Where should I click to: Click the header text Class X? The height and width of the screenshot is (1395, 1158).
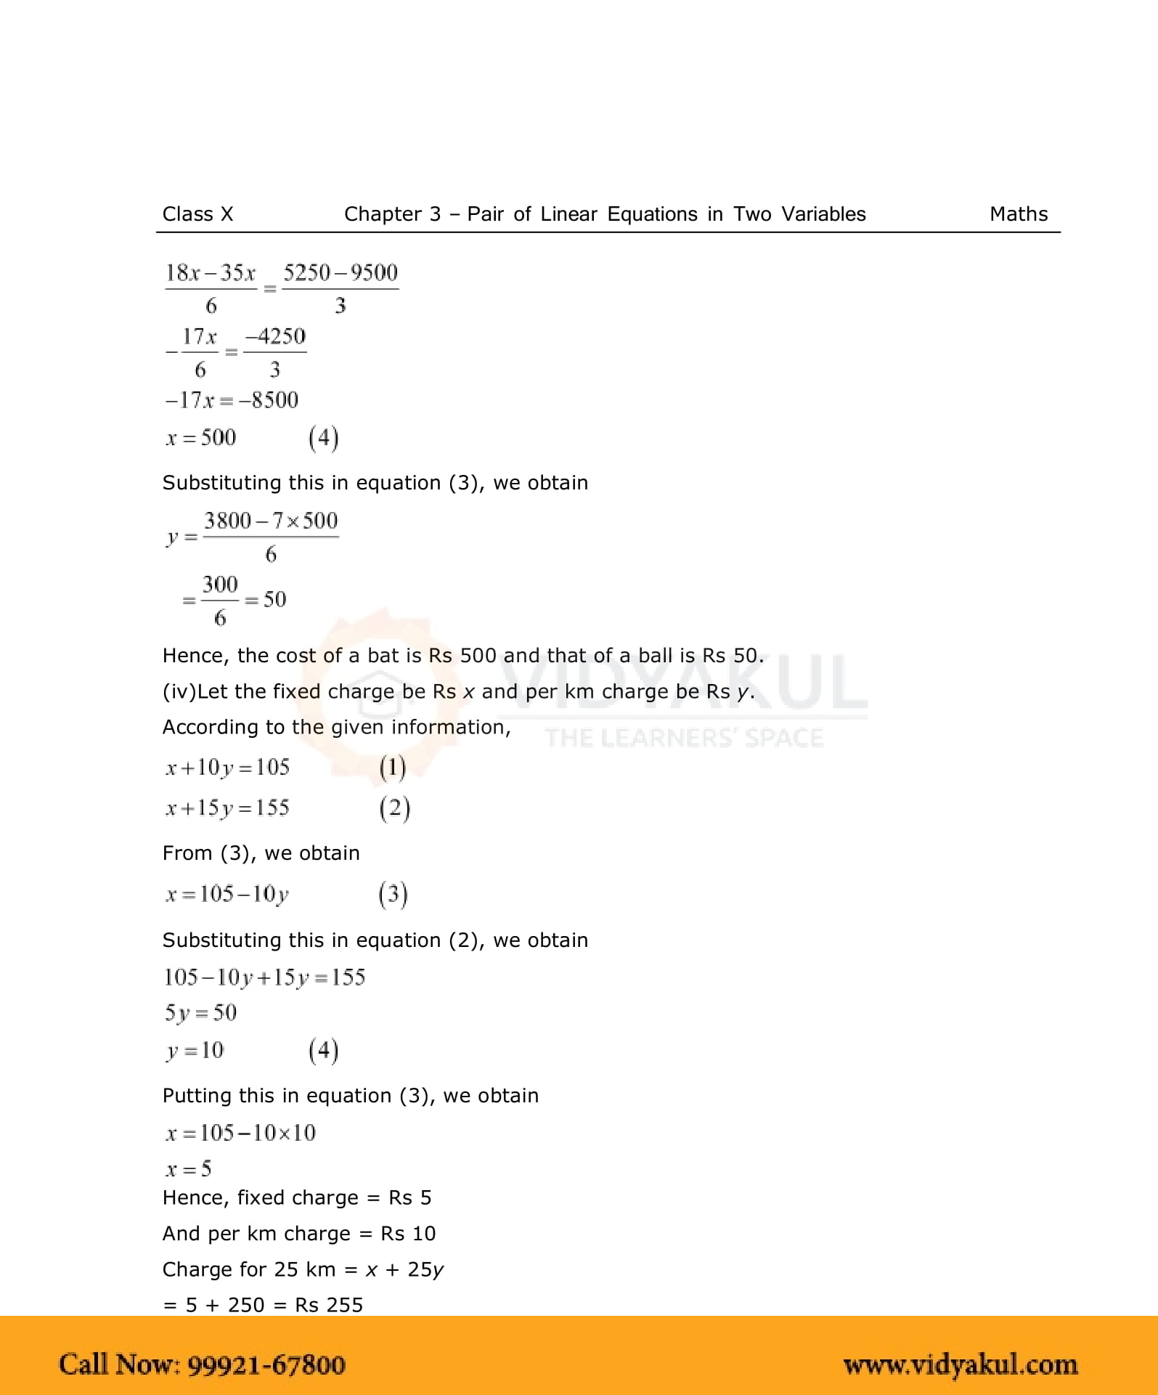(x=197, y=214)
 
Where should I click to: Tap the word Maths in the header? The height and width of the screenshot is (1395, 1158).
(x=1018, y=214)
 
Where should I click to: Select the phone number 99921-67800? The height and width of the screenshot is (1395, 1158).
(x=266, y=1364)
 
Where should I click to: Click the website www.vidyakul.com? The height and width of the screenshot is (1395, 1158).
(x=960, y=1365)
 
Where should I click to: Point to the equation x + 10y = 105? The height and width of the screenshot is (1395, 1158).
(x=227, y=768)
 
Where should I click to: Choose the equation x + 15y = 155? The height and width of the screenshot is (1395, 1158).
(x=227, y=808)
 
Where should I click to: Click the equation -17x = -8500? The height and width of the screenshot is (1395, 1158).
(x=231, y=400)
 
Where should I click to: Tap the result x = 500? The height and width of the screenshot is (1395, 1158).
(x=200, y=438)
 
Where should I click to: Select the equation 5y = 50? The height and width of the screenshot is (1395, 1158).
(x=200, y=1013)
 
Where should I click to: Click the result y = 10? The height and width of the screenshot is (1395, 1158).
(x=195, y=1050)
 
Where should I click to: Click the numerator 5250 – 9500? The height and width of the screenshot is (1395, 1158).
(x=340, y=273)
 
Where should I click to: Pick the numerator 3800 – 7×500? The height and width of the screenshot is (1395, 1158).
(x=270, y=521)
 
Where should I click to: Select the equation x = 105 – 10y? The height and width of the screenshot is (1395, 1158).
(x=227, y=894)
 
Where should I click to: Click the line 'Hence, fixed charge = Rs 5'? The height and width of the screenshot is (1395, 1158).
(x=296, y=1197)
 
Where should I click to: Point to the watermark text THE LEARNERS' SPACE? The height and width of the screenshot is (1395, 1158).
(x=684, y=739)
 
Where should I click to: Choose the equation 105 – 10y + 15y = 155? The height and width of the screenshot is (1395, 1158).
(x=264, y=977)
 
